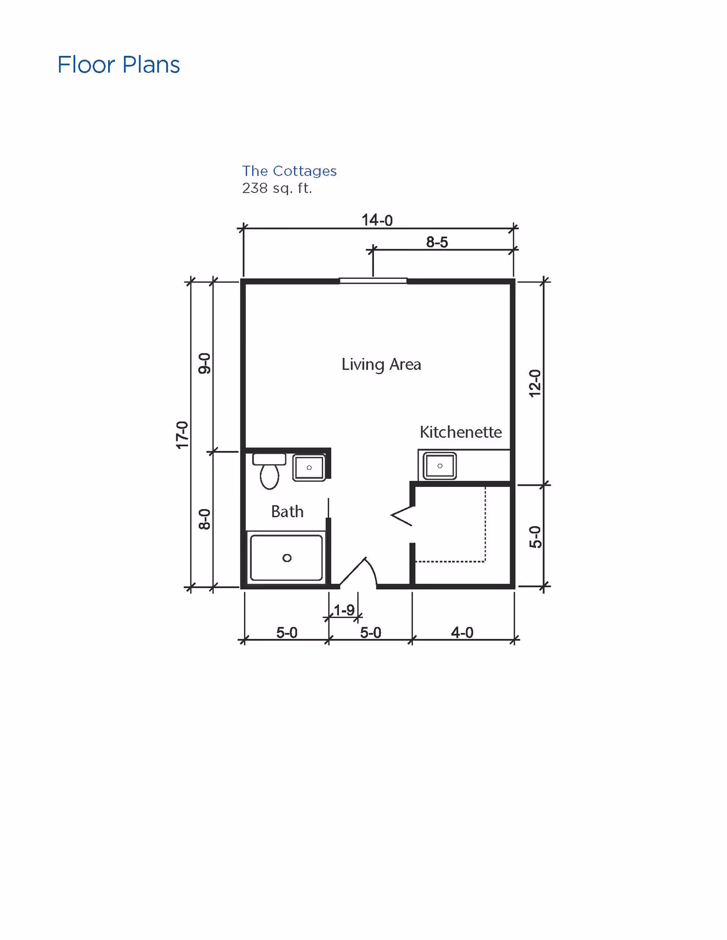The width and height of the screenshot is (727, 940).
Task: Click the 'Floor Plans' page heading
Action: coord(119,64)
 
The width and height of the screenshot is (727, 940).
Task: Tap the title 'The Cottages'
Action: coord(289,171)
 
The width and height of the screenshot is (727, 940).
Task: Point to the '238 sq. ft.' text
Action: coord(277,188)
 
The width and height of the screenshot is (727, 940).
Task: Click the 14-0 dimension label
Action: coord(377,220)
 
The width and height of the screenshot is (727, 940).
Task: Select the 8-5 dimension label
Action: coord(437,242)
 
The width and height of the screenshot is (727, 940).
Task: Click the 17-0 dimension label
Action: coord(182,435)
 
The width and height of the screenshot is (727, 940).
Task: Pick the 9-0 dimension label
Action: coord(204,363)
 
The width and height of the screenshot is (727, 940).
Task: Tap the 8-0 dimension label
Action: coord(204,519)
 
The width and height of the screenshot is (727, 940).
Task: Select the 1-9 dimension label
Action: coord(344,610)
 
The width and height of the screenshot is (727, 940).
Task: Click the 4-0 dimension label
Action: coord(462,633)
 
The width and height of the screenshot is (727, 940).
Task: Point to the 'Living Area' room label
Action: coord(381,365)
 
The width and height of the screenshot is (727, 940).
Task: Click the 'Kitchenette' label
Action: coord(460,432)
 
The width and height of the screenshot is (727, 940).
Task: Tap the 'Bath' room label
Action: coord(287,512)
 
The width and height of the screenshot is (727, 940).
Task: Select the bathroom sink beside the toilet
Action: coord(309,467)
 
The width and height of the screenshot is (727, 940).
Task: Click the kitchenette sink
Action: coord(439,465)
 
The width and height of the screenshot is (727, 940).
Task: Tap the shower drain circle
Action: coord(287,558)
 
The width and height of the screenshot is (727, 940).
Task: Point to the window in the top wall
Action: coord(373,281)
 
